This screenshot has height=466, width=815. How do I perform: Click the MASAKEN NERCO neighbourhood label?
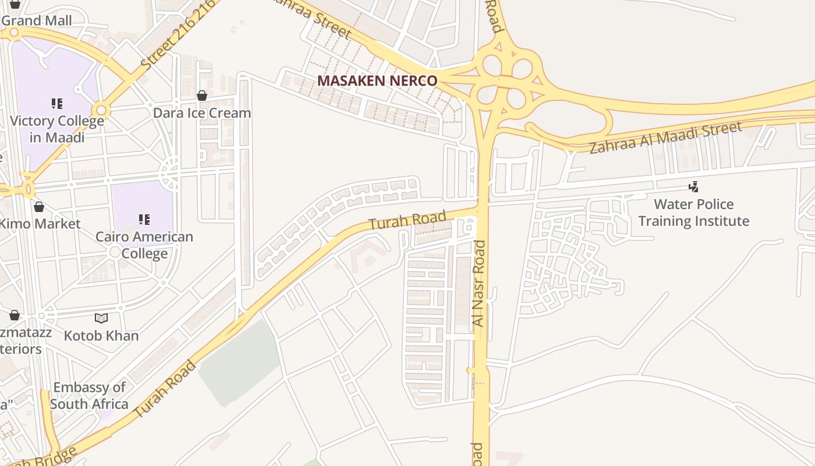[377, 81]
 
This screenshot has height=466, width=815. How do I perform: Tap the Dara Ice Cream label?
[202, 113]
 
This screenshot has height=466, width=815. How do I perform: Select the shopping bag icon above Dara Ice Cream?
[202, 96]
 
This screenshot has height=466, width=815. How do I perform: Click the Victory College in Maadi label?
[57, 129]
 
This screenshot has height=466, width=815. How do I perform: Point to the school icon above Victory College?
[56, 104]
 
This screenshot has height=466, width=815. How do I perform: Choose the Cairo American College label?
[144, 245]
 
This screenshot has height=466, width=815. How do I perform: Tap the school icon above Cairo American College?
[144, 220]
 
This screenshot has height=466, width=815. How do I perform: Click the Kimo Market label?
[40, 224]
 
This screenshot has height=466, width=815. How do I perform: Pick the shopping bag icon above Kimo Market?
[39, 207]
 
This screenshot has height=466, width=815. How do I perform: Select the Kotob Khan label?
[101, 336]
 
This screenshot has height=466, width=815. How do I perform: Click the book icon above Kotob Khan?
[101, 318]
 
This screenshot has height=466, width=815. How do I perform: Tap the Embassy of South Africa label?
[89, 396]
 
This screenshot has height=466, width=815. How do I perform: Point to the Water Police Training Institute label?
[694, 213]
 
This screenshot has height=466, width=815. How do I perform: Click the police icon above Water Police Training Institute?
[693, 187]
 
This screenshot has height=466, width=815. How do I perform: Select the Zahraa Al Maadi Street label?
[666, 137]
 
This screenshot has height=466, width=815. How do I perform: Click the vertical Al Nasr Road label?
[479, 283]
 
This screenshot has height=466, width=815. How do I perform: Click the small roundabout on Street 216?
[101, 110]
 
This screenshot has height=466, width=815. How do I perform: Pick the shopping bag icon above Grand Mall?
[15, 4]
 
